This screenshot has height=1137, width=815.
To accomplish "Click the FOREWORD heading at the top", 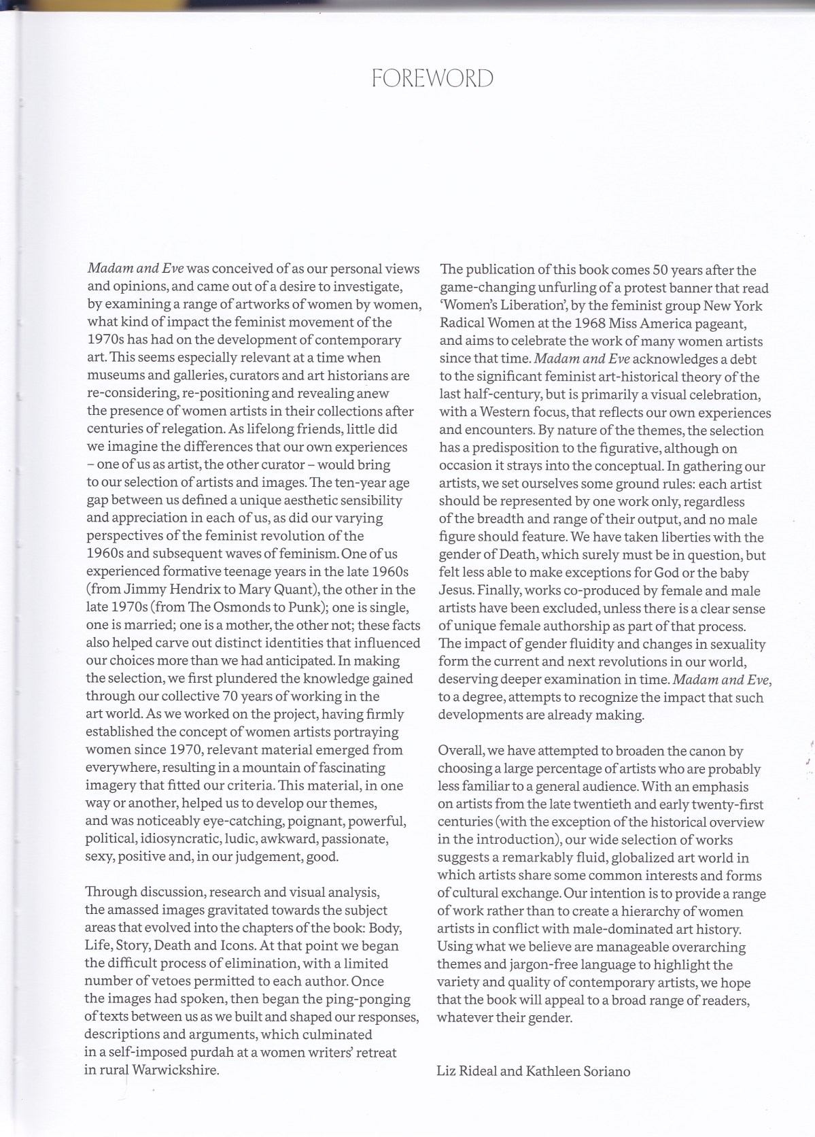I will (x=433, y=79).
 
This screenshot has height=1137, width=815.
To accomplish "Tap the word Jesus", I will (x=456, y=590).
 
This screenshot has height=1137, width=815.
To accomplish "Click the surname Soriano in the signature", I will (x=605, y=1071).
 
